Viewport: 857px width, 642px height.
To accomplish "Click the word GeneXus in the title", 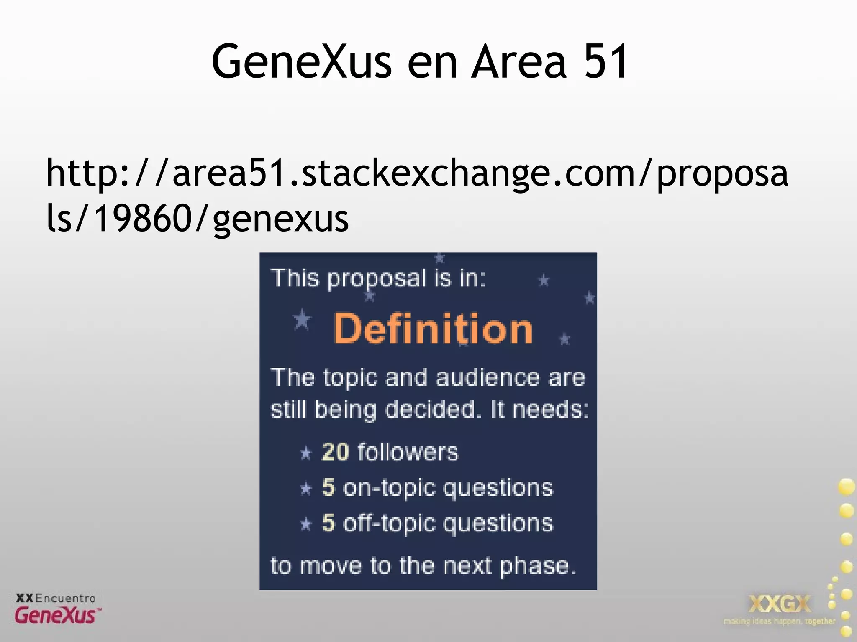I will point(302,62).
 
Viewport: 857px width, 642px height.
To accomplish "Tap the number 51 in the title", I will point(606,62).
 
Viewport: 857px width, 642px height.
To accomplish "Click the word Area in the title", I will point(519,62).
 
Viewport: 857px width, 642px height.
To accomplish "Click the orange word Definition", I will point(433,329).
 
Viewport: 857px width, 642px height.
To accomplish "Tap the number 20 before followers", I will point(335,452).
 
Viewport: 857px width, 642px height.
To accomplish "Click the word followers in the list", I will point(408,452).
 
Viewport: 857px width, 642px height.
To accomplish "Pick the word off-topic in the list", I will point(389,523).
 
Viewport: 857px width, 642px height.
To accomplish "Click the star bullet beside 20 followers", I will point(306,453).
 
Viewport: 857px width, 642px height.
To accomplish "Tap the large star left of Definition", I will point(302,320).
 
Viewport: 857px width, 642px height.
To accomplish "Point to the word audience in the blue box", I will point(488,378).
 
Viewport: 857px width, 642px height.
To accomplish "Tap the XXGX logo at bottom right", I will point(779,604).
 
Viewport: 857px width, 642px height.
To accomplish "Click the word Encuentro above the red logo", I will point(66,598).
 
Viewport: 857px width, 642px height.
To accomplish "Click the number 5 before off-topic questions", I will point(328,523).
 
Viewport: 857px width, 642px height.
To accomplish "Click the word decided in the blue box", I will point(430,410).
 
